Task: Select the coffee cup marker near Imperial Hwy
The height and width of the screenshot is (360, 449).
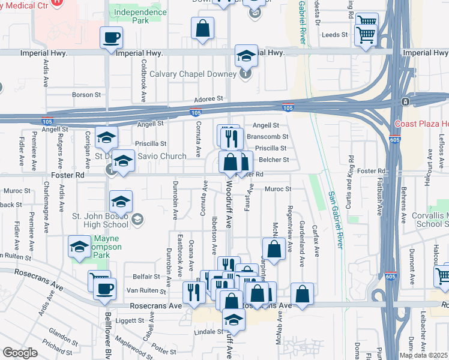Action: pos(111,38)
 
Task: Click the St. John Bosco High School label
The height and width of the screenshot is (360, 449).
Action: pos(100,220)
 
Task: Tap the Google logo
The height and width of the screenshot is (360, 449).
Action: pos(20,353)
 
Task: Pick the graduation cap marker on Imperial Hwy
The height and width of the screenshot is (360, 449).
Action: pos(246,56)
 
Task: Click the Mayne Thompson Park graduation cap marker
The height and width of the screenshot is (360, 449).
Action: pos(80,247)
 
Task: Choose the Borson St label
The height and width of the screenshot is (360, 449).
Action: pos(86,95)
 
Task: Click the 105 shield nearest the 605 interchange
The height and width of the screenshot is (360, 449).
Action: pos(288,107)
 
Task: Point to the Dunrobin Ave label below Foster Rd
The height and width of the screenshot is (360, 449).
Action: pos(175,199)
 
